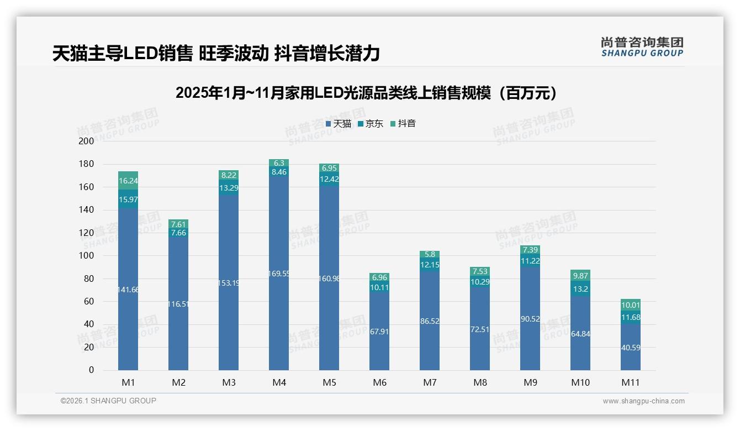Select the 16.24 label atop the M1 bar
pos(128,181)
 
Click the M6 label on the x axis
pos(379,382)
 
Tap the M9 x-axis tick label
pos(530,382)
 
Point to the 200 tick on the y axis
pos(87,141)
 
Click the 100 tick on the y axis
pos(87,255)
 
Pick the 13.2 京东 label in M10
pos(580,289)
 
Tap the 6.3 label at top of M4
pos(279,163)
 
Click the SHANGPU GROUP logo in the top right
pos(642,47)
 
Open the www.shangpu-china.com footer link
pos(643,401)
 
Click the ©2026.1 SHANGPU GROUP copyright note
pos(108,401)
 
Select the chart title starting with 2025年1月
pos(366,93)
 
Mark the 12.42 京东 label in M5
pos(329,179)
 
